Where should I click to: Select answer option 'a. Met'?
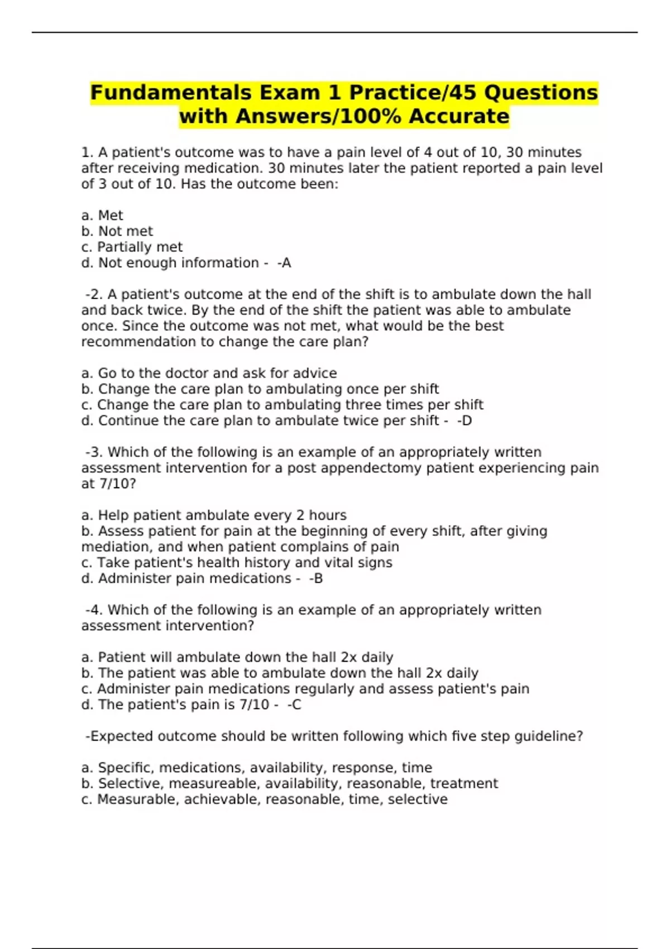coord(102,215)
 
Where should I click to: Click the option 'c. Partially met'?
coord(132,247)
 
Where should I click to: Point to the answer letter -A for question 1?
coord(284,263)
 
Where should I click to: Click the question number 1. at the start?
coord(87,152)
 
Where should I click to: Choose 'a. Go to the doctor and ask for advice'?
coord(209,373)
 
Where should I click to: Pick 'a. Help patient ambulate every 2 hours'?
coord(214,515)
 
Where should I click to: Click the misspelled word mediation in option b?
coord(115,547)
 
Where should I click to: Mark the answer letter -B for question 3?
coord(316,578)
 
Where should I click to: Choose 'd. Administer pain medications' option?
coord(186,578)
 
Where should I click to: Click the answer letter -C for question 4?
coord(294,704)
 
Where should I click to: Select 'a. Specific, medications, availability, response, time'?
coord(257,768)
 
